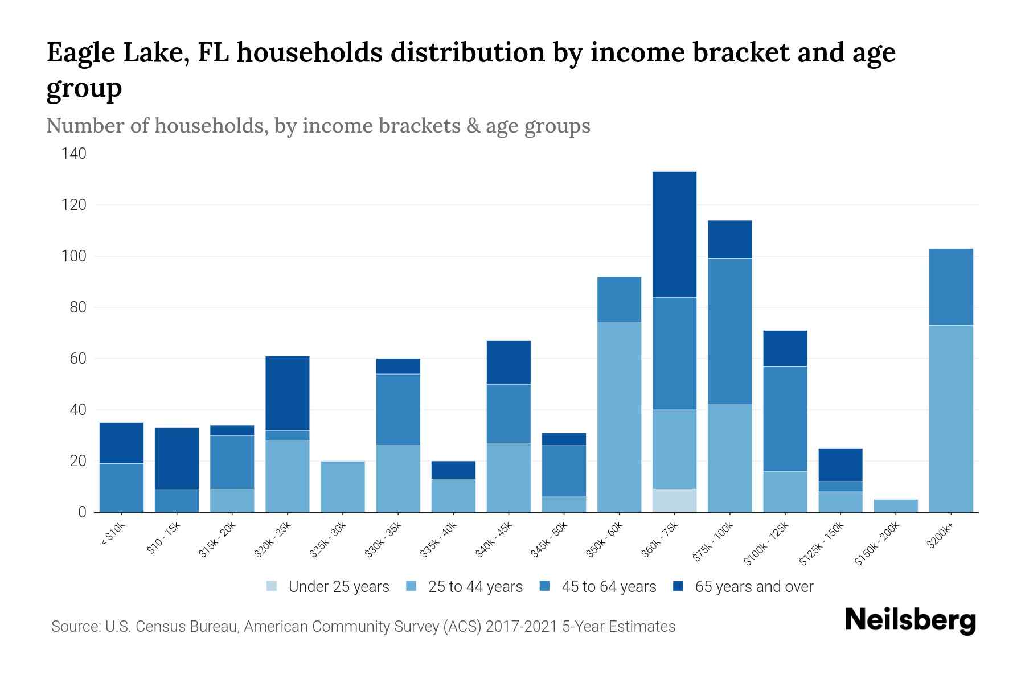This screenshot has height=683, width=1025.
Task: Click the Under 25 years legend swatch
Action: [x=272, y=586]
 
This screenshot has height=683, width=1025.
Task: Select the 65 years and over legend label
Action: [x=754, y=586]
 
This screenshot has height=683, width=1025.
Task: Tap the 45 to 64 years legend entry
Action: [x=608, y=586]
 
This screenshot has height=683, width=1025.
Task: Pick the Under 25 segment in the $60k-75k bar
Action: [x=674, y=500]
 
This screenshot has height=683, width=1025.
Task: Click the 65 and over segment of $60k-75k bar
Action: [x=674, y=234]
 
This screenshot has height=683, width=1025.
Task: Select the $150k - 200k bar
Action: [x=896, y=505]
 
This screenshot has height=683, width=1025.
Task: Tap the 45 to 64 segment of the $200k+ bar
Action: [x=950, y=287]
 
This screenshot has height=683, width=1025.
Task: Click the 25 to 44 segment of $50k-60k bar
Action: [x=619, y=417]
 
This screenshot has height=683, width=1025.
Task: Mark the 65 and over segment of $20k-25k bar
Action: [x=287, y=393]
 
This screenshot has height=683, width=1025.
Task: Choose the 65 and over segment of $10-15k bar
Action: [x=177, y=458]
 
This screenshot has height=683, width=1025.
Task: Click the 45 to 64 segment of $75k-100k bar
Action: [x=729, y=331]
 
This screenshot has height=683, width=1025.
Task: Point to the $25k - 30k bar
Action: [x=342, y=487]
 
